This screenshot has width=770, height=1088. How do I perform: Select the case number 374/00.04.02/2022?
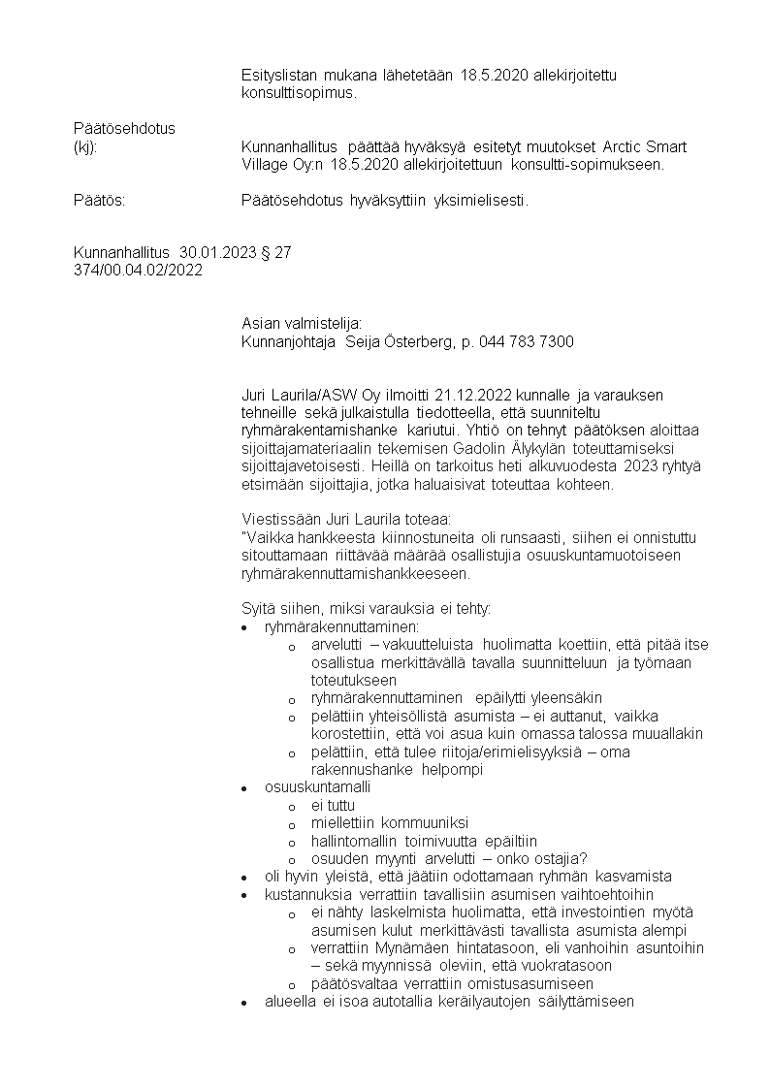[138, 270]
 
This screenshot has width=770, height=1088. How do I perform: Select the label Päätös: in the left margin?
[100, 201]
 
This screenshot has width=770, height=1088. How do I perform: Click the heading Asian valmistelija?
[302, 324]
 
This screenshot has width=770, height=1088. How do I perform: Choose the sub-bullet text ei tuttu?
[333, 805]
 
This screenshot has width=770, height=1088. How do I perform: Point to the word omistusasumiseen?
[524, 983]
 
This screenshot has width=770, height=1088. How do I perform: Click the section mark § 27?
[277, 253]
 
